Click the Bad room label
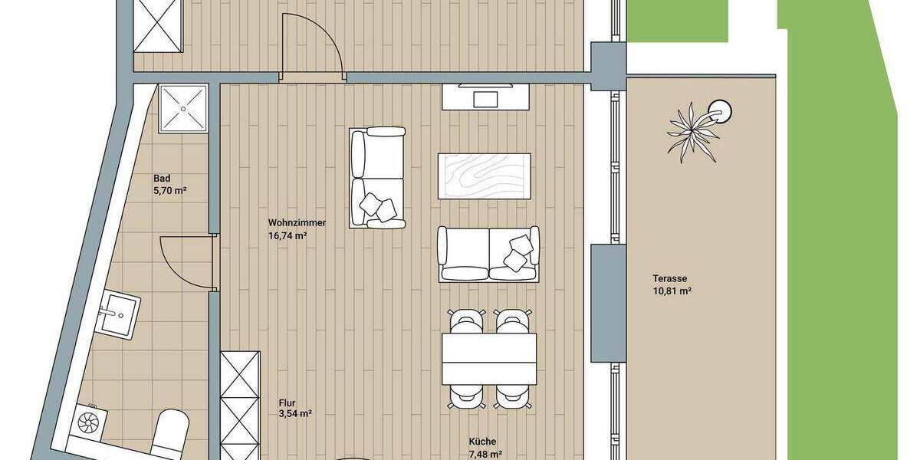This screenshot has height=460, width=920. [162, 178]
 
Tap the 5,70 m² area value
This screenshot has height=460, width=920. [170, 190]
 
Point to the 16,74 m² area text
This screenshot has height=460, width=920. [287, 236]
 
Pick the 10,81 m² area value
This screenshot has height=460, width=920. [672, 291]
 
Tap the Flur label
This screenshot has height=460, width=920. [288, 401]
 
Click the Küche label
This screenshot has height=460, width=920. [483, 442]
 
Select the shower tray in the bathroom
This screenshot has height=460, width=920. [183, 108]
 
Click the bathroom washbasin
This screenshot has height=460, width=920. [120, 314]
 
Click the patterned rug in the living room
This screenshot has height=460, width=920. [484, 177]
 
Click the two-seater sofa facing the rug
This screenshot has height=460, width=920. [488, 253]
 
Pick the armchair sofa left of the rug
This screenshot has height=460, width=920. [377, 178]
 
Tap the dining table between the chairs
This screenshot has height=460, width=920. [489, 358]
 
